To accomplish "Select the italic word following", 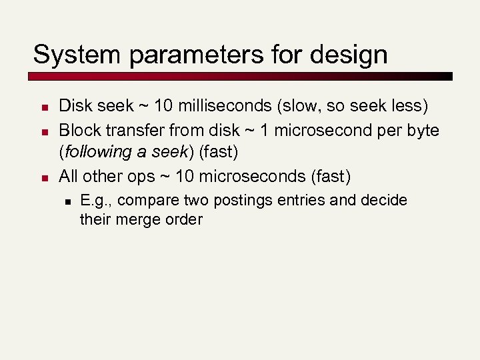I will pos(97,153).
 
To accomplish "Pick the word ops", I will pos(133,176).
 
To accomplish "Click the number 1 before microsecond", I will pos(258,129).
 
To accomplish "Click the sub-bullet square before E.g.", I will pos(66,200).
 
